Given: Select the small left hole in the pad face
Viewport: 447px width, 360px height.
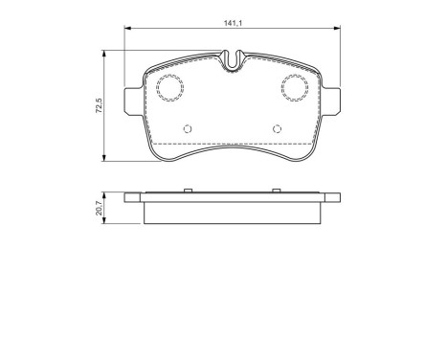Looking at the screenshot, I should click(x=188, y=129).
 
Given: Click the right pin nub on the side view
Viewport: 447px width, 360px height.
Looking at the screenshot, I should click(x=279, y=191).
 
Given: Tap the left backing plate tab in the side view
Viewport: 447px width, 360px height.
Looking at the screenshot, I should click(x=135, y=198).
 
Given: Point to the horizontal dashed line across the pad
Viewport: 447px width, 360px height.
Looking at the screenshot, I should click(x=234, y=144).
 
